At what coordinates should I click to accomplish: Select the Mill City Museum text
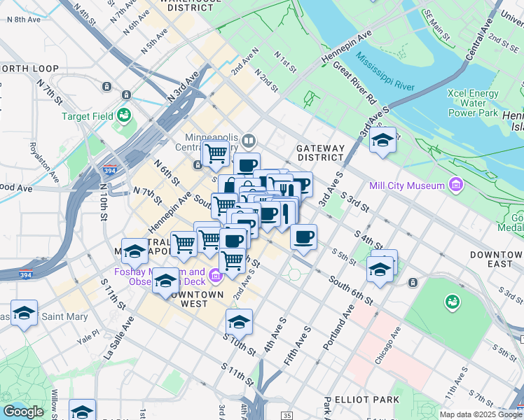click(x=407, y=185)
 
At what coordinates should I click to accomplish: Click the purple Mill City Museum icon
click(x=456, y=185)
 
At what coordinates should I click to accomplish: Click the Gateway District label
click(x=321, y=153)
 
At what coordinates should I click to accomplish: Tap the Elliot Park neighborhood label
click(x=367, y=400)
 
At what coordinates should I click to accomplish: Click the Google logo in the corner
click(x=23, y=412)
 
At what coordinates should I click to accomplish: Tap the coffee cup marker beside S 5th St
click(x=303, y=237)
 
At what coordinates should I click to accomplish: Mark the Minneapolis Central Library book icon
click(x=248, y=141)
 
